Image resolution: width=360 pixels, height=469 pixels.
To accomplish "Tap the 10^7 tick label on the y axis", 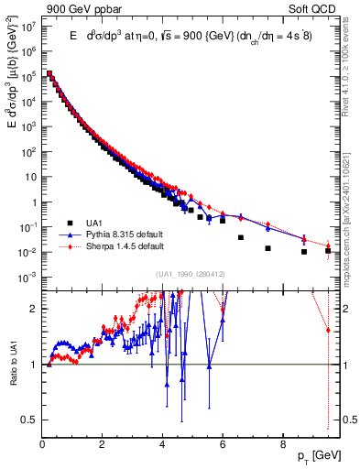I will pos(29,26).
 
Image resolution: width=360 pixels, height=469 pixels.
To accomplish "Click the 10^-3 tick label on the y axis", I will pos(28,276).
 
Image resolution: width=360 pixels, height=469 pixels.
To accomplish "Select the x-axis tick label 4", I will pos(162,442).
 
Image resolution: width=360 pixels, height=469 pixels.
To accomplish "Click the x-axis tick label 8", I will pos(282,442).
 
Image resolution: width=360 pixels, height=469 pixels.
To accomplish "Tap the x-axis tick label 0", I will pos(42,442).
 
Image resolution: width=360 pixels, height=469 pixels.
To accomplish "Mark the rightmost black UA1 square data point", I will pos(328,250).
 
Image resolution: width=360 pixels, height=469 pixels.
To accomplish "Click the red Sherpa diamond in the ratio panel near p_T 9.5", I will pos(328,330).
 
